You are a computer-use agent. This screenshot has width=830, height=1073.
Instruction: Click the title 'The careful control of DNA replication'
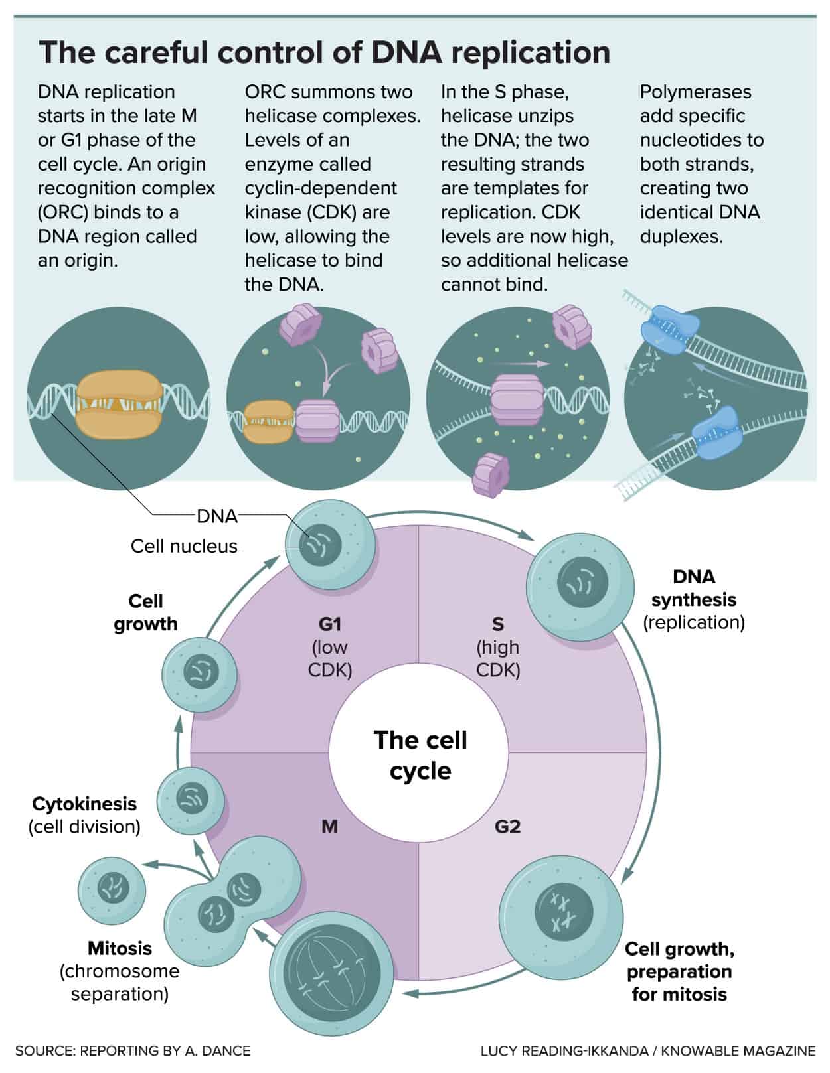(x=325, y=52)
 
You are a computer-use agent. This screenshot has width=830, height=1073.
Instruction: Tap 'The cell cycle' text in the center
(x=420, y=755)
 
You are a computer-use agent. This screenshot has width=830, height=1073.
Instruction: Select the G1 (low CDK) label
(x=330, y=646)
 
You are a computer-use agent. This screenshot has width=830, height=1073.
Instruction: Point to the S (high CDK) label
(x=498, y=646)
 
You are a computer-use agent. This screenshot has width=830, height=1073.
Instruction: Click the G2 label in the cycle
(x=507, y=827)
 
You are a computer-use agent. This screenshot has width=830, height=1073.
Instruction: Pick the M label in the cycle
(x=329, y=827)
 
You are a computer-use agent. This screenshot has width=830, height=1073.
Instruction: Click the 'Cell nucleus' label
(x=184, y=546)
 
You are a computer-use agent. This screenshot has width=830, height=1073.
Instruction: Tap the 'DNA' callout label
(x=217, y=516)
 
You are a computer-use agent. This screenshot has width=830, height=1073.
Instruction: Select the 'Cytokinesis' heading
(x=84, y=804)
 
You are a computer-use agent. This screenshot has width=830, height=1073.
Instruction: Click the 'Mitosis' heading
(x=120, y=948)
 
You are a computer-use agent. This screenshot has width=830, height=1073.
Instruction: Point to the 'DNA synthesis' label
(x=694, y=588)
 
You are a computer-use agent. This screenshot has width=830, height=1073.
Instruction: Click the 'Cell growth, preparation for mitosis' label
(x=679, y=971)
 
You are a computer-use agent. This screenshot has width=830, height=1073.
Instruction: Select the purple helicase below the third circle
(x=491, y=475)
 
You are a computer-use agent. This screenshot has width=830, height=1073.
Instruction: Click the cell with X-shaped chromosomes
(x=561, y=910)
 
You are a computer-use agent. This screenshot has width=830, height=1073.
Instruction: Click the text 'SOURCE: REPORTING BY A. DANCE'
(x=133, y=1051)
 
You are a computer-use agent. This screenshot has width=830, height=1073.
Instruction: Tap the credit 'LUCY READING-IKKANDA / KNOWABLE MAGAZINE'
(x=647, y=1051)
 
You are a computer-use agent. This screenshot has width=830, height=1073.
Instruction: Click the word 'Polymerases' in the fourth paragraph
(x=695, y=92)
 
